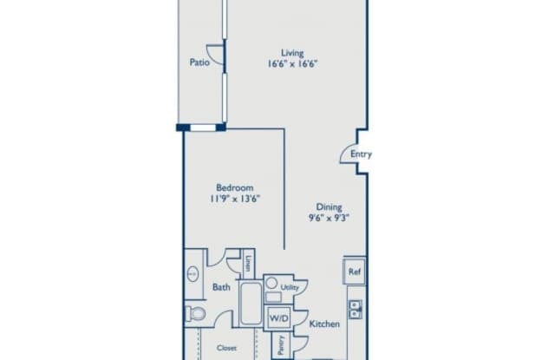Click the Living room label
tap(292, 53)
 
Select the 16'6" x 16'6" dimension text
tap(292, 64)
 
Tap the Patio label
tap(199, 62)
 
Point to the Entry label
tap(361, 154)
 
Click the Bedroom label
tap(235, 187)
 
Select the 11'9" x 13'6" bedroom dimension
tap(235, 199)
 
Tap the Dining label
tap(329, 206)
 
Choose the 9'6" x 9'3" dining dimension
tap(329, 218)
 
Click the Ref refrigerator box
tap(355, 272)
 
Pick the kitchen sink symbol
tap(355, 310)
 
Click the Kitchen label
tap(324, 324)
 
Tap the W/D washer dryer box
tap(279, 318)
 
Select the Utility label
tap(290, 287)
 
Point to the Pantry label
tap(281, 345)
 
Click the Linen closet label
tap(249, 264)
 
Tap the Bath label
tap(221, 287)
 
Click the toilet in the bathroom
tap(195, 313)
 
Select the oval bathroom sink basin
tap(193, 274)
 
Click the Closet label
tap(226, 348)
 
